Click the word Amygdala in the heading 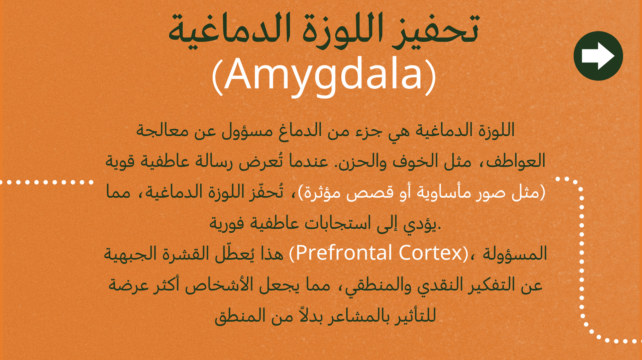[x=324, y=75]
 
